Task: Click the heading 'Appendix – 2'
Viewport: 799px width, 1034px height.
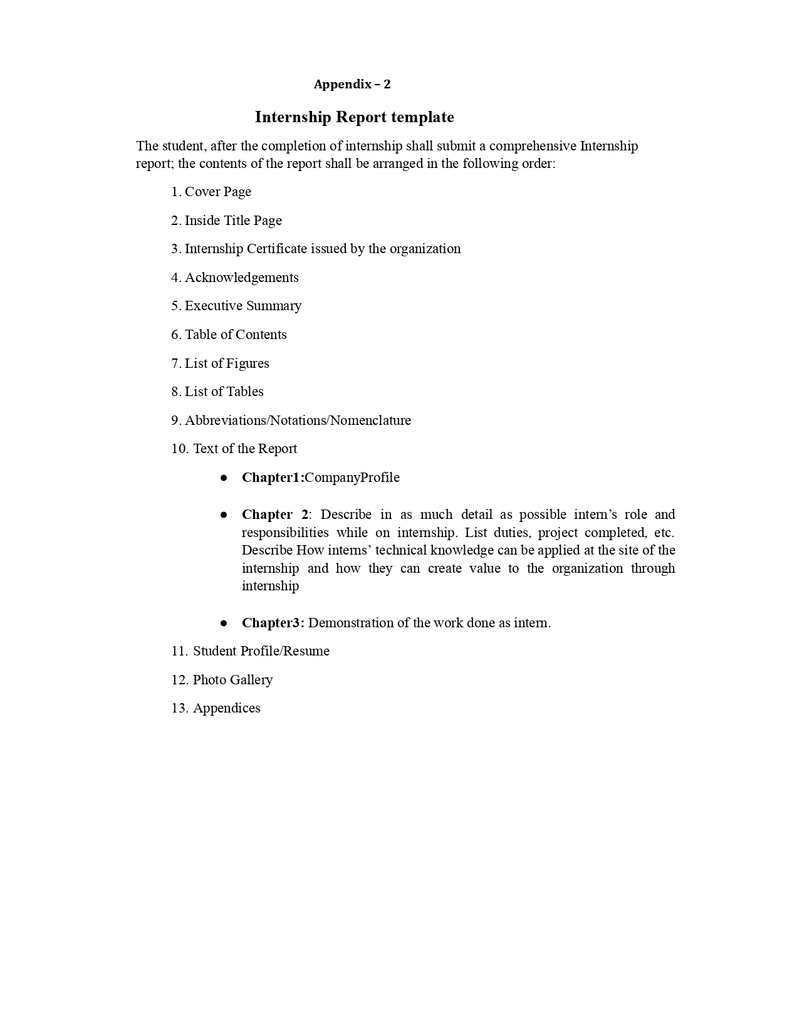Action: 352,85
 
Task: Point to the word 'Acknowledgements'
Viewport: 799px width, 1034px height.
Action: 241,278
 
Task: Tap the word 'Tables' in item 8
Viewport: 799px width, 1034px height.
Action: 244,392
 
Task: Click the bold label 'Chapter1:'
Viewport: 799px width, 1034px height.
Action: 273,478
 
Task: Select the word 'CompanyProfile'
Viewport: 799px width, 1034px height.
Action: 352,478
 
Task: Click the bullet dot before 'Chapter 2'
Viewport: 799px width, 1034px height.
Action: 224,514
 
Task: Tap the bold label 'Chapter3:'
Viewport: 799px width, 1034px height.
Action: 273,623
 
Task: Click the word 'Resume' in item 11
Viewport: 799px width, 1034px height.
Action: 306,651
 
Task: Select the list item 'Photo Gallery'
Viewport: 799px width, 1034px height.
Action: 232,680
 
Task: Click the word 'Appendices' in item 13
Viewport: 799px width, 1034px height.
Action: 226,708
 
